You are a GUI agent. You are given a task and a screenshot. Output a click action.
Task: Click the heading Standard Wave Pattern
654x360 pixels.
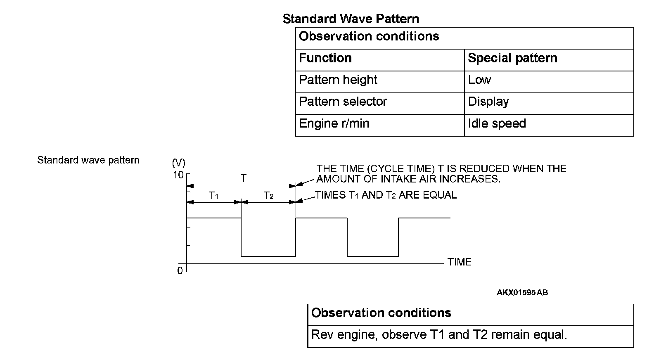pos(351,19)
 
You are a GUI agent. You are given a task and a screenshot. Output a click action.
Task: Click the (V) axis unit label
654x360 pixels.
pos(178,162)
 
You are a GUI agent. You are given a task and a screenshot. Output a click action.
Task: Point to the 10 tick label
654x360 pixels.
pos(178,175)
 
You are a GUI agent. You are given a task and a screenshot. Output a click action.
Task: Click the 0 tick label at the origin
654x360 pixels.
pos(180,271)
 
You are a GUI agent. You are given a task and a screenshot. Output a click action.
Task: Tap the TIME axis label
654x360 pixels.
pos(459,262)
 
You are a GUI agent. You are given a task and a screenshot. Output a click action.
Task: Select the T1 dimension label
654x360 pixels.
pos(213,196)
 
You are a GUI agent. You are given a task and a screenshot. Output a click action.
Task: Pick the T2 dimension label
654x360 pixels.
pos(268,196)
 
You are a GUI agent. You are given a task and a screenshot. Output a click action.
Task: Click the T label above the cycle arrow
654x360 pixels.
pos(244,178)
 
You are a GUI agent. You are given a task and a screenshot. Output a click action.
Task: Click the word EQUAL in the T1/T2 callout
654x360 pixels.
pos(441,195)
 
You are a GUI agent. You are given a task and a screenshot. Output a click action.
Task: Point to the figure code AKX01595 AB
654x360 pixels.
pos(522,293)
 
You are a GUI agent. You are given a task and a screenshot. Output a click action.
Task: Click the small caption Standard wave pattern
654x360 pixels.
pos(88,160)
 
